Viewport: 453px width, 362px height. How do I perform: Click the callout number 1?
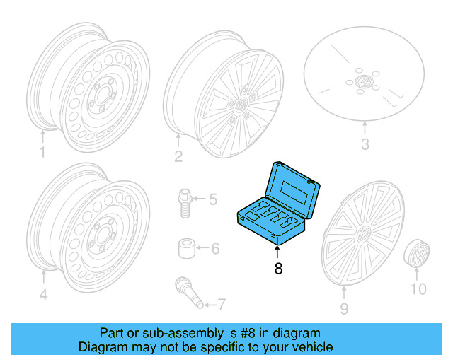(42, 152)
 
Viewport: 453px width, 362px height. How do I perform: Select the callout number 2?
(179, 156)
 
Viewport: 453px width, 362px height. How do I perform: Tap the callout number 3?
(365, 146)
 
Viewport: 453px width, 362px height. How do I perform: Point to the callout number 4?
(43, 295)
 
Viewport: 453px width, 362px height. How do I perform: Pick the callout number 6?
(215, 248)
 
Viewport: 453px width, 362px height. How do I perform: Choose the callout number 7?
(221, 305)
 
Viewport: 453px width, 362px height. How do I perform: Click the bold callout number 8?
(278, 269)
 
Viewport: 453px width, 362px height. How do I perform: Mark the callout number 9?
(345, 308)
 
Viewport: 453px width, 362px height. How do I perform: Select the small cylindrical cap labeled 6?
(187, 249)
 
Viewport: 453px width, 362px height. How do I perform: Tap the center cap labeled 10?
(418, 253)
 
